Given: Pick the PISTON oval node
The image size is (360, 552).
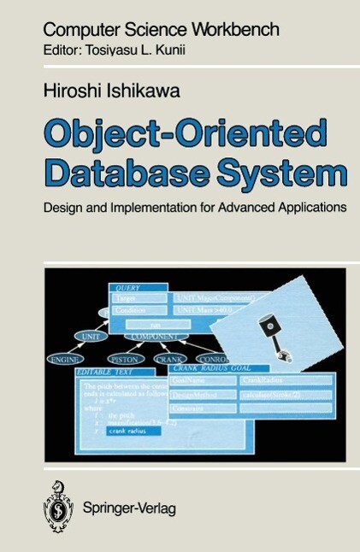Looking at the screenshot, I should point(124,359).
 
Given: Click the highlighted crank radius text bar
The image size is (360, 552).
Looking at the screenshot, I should point(129,431).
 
